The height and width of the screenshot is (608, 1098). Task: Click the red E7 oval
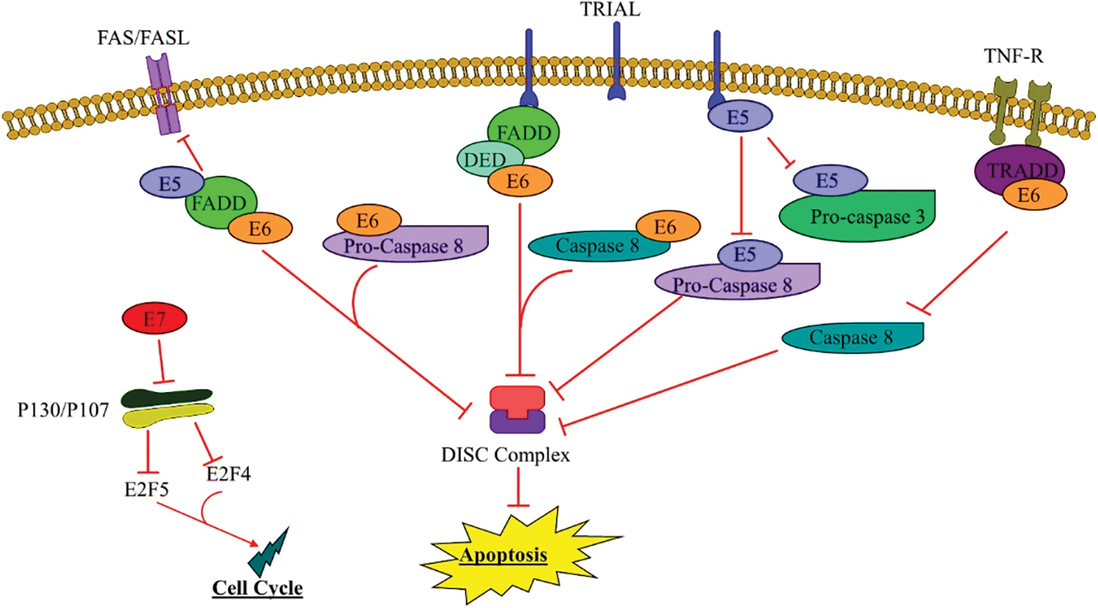tap(154, 319)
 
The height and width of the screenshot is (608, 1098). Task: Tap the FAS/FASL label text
tap(143, 38)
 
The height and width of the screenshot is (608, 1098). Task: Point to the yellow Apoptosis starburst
tap(503, 556)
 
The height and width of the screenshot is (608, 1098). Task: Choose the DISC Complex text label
tap(506, 455)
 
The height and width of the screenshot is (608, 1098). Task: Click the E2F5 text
tap(147, 488)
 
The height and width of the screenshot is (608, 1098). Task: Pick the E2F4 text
tap(228, 474)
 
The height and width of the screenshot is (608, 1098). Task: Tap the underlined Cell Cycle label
tap(257, 588)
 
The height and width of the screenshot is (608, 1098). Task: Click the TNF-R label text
tap(1013, 55)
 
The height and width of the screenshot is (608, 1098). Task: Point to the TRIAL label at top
tap(610, 9)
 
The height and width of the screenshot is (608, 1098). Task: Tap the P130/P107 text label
tap(63, 410)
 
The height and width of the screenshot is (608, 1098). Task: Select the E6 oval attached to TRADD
tap(1029, 195)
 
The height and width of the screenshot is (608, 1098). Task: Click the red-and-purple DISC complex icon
tap(517, 410)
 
